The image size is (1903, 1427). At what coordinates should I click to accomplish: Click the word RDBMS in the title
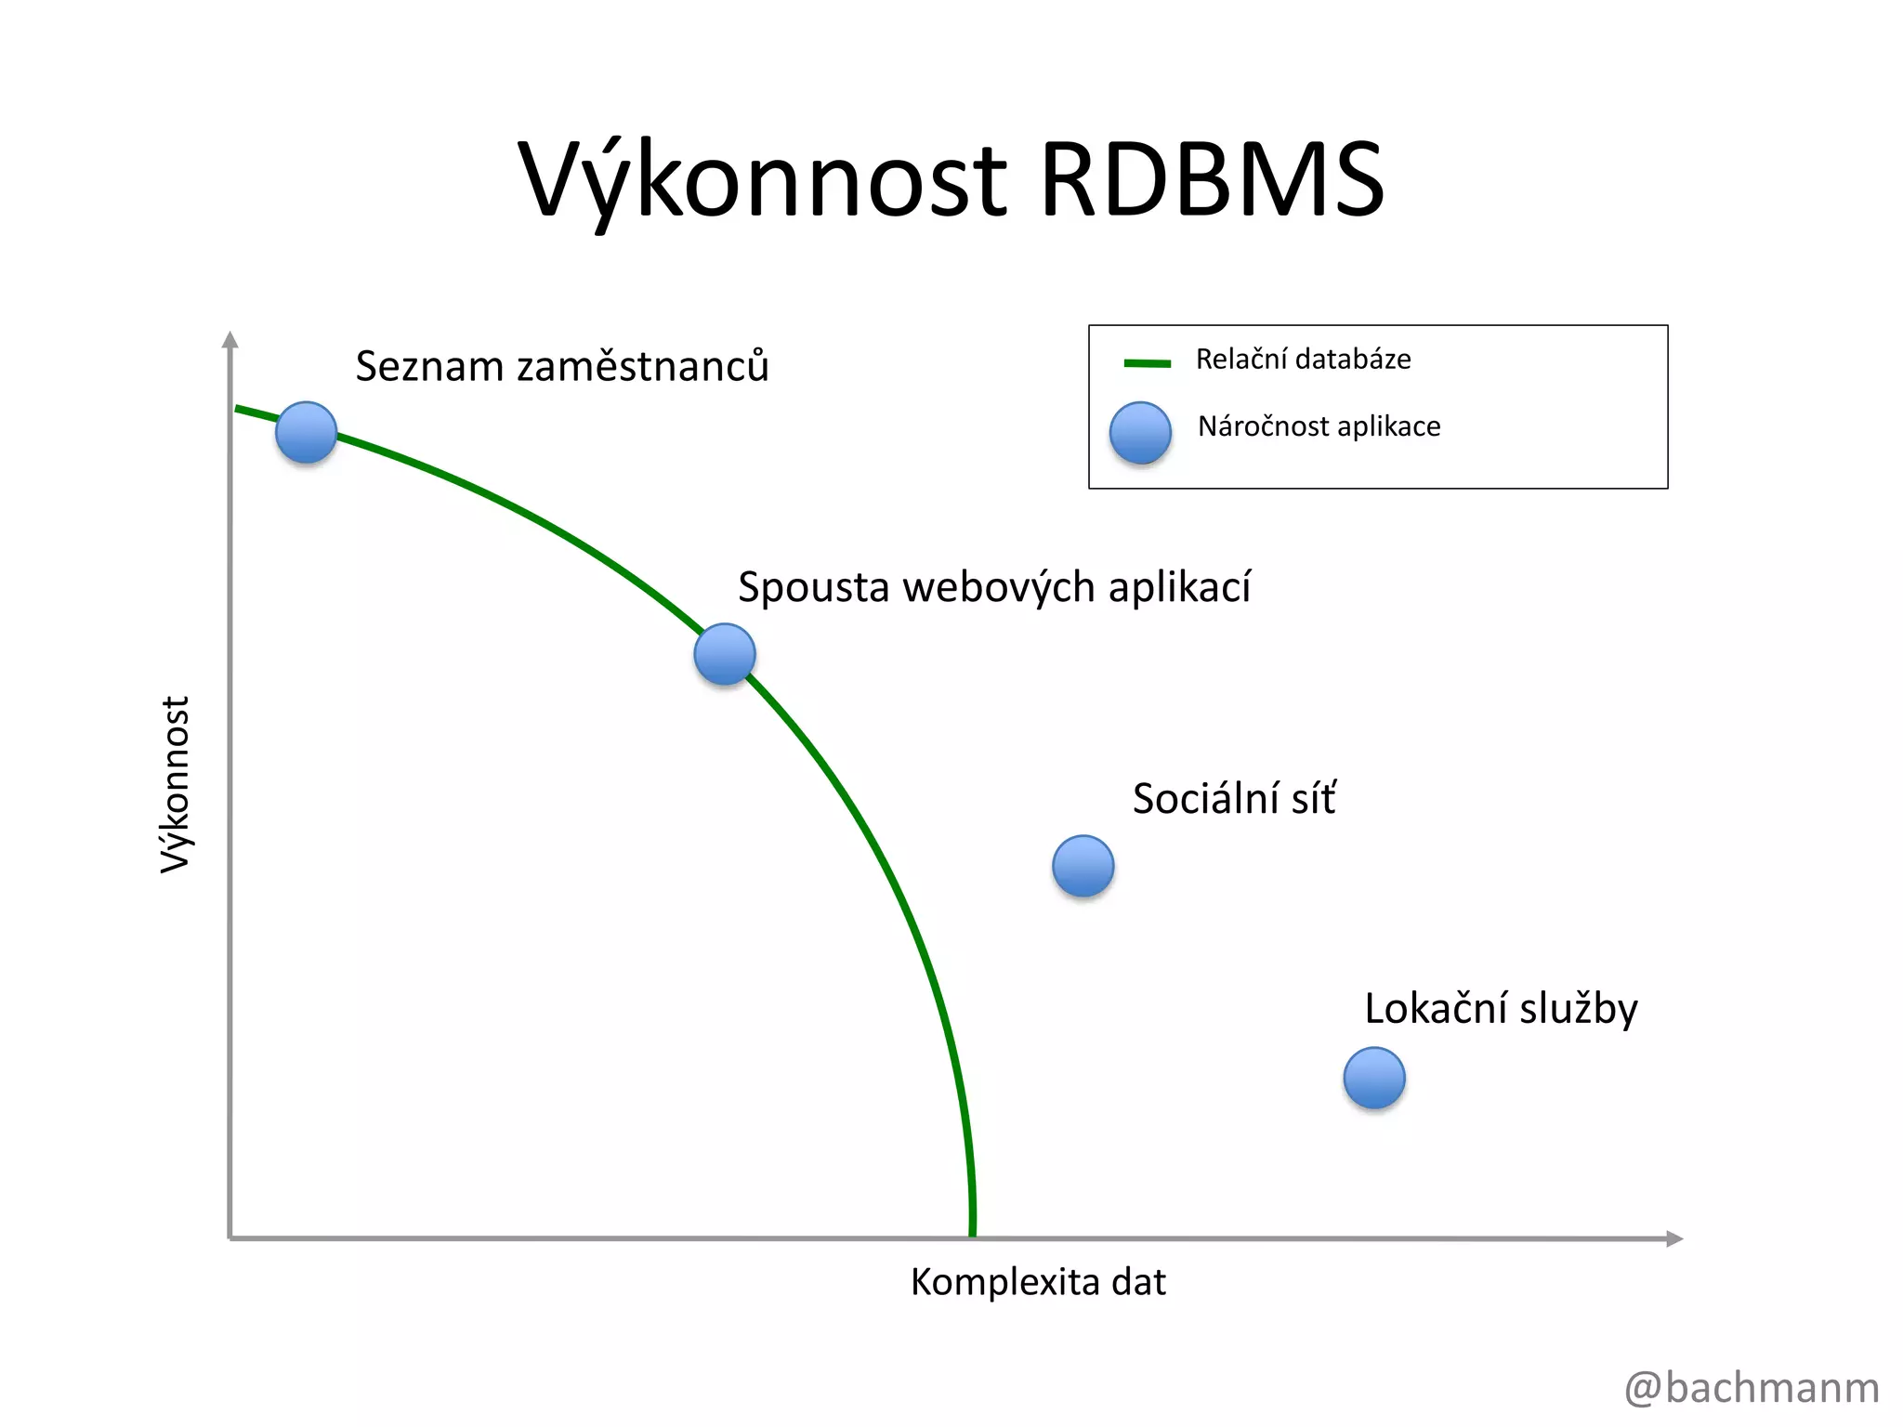tap(1212, 179)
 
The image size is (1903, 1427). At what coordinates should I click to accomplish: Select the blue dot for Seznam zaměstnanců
tap(306, 432)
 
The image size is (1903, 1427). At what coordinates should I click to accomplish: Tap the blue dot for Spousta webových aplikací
tap(725, 654)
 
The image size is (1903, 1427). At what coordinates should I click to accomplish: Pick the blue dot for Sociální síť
tap(1083, 866)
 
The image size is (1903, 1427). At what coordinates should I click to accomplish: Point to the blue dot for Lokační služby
tap(1374, 1078)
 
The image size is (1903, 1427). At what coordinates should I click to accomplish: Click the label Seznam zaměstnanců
tap(562, 366)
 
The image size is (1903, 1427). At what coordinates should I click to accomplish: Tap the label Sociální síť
tap(1234, 799)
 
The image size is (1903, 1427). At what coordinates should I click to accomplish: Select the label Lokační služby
tap(1501, 1009)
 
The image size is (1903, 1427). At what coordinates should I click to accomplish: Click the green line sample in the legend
tap(1147, 363)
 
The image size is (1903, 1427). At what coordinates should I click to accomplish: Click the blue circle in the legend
tap(1140, 432)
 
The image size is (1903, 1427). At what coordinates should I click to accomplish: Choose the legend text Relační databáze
tap(1303, 360)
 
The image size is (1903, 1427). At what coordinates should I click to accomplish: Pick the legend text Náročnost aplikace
tap(1319, 426)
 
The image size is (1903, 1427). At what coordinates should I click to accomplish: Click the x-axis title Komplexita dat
tap(1038, 1282)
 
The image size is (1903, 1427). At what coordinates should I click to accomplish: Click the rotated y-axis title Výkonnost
tap(176, 784)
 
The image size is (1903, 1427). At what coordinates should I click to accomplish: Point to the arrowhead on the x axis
tap(1674, 1238)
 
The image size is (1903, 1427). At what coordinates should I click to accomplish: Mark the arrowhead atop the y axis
tap(230, 339)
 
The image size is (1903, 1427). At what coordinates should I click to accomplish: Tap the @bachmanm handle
tap(1752, 1388)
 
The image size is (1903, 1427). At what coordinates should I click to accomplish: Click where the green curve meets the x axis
tap(972, 1234)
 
